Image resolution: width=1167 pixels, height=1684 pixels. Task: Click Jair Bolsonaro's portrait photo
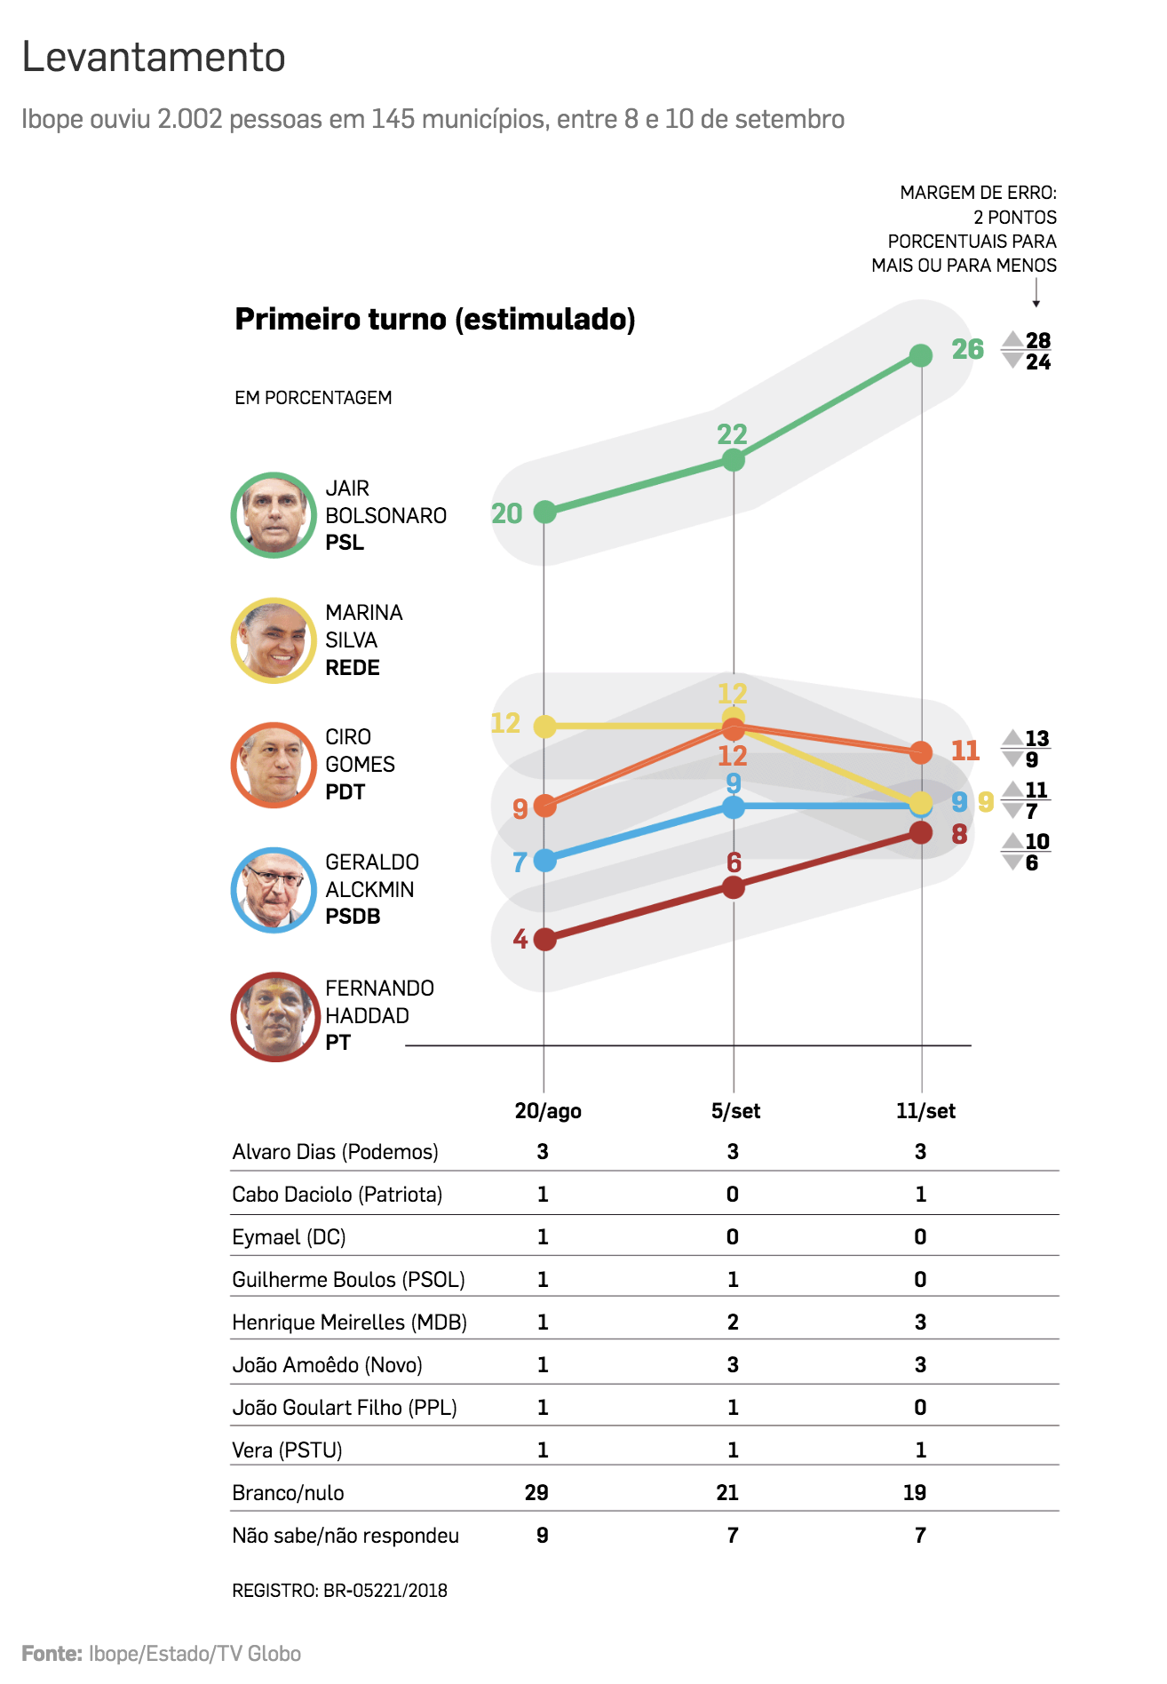click(274, 515)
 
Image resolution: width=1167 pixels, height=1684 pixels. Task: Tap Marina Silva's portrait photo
click(274, 640)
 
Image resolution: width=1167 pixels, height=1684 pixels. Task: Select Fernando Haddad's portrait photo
click(275, 1016)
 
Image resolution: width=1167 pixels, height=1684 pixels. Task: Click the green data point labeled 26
click(921, 355)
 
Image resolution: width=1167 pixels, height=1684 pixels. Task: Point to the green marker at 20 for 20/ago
click(544, 512)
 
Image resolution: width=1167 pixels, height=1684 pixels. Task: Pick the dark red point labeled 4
click(544, 940)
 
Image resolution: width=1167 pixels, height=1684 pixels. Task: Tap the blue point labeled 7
click(544, 860)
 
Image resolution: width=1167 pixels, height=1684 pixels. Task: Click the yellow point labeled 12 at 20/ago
click(544, 727)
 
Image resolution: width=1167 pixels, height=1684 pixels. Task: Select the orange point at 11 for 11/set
click(921, 752)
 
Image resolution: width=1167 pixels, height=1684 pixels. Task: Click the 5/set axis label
click(735, 1111)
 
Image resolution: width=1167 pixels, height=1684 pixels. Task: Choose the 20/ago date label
click(548, 1111)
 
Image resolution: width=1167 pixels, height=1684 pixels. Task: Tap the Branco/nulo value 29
click(536, 1493)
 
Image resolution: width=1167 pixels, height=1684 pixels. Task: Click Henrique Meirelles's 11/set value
click(920, 1323)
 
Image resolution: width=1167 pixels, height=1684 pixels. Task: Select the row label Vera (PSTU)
click(287, 1450)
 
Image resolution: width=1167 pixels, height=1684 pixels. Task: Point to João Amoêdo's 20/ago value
click(543, 1365)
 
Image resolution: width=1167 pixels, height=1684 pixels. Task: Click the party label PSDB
click(353, 917)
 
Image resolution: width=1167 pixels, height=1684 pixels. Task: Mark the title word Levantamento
click(154, 58)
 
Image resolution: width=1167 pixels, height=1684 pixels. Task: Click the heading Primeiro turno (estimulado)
click(435, 319)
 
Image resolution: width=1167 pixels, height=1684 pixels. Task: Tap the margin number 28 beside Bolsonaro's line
click(1037, 341)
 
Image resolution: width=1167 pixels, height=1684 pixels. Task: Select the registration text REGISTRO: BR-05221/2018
click(339, 1591)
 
